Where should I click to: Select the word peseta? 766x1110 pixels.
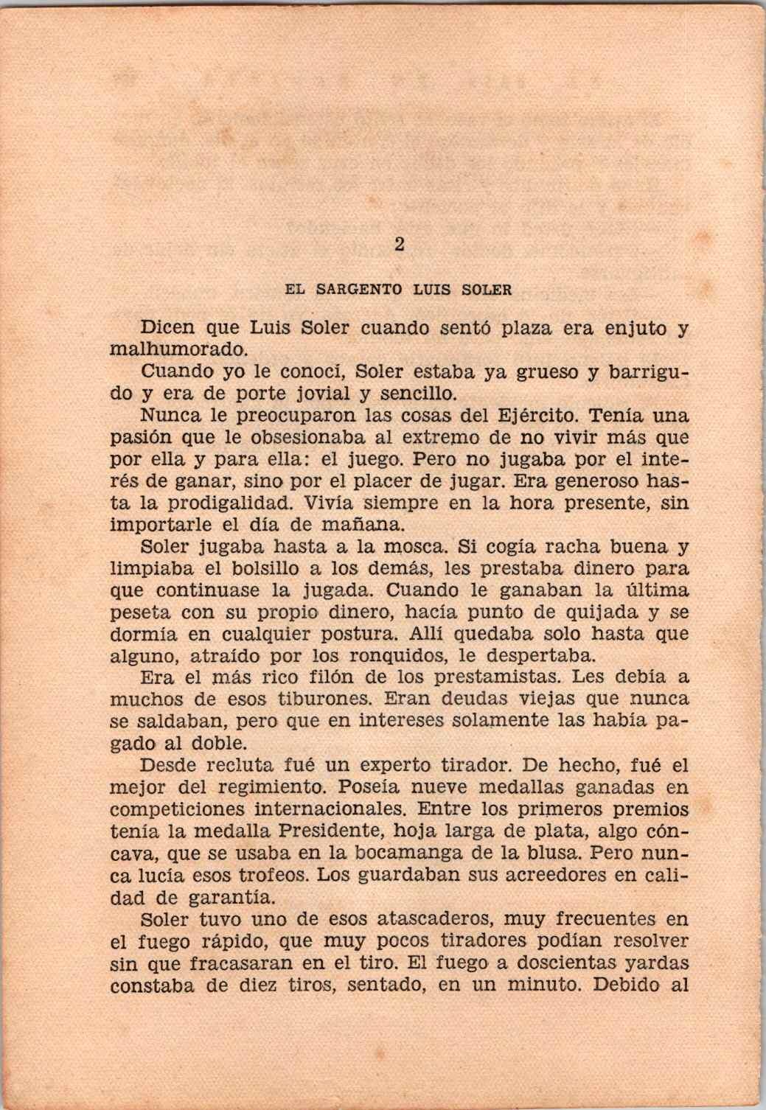(141, 612)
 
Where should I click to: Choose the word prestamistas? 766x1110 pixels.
(487, 677)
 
